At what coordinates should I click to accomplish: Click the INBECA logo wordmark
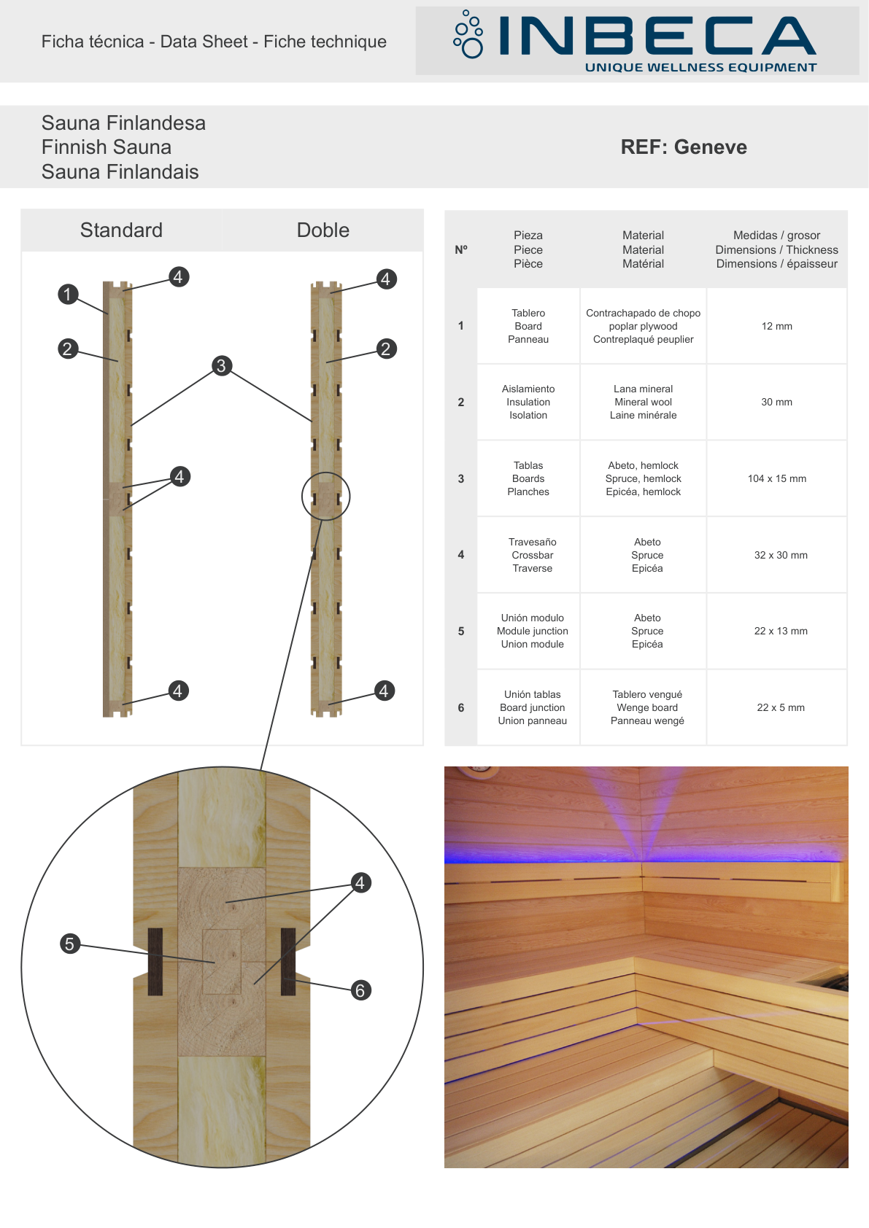tap(657, 36)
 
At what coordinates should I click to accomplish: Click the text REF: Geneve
tap(684, 147)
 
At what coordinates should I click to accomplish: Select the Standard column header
tap(121, 230)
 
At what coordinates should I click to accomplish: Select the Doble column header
tap(323, 230)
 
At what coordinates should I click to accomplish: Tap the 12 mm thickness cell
tap(777, 326)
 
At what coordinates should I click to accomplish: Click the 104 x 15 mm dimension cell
tap(777, 478)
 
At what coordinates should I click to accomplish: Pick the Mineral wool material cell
tap(643, 402)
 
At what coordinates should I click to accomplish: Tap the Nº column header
tap(461, 250)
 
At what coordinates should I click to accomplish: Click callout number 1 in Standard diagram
tap(67, 294)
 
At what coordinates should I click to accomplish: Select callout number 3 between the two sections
tap(221, 365)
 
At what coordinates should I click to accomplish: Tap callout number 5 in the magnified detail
tap(69, 944)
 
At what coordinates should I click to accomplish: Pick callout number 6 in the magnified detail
tap(360, 990)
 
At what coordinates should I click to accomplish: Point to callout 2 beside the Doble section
tap(386, 349)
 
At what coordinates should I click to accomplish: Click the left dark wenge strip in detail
tap(155, 962)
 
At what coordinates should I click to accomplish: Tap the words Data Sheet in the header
tap(204, 42)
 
